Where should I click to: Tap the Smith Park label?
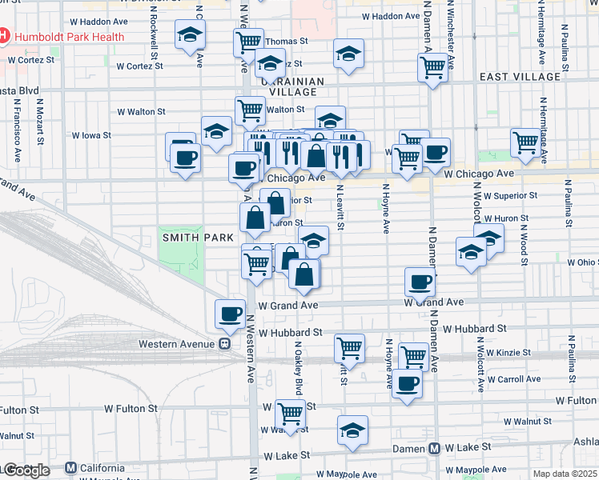tap(187, 238)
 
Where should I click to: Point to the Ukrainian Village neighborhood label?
tap(291, 86)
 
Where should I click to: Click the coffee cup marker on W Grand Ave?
tap(420, 281)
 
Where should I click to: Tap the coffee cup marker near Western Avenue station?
tap(231, 313)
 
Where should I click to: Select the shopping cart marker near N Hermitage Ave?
tap(525, 142)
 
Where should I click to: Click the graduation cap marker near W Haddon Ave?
tap(191, 34)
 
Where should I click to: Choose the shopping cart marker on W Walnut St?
tap(291, 413)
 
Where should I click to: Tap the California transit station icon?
tap(70, 468)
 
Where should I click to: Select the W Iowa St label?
tap(95, 136)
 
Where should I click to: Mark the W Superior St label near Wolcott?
tap(513, 195)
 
